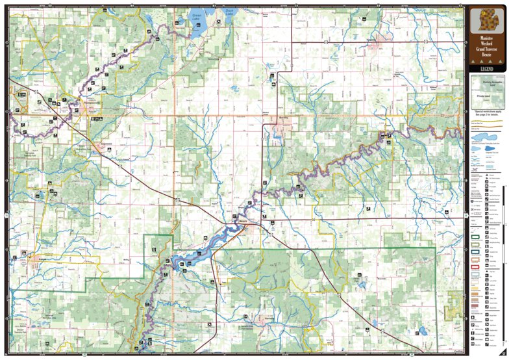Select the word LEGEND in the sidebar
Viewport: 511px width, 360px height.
click(x=487, y=68)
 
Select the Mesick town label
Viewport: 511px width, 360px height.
click(x=243, y=221)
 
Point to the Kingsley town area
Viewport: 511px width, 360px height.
click(x=373, y=40)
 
